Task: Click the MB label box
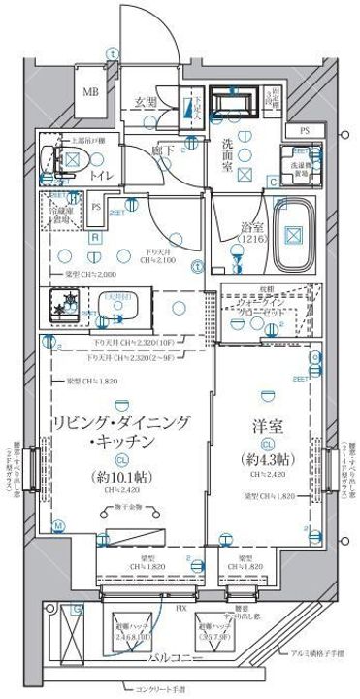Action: point(89,92)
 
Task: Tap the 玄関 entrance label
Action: point(147,101)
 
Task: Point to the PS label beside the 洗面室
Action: point(305,130)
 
